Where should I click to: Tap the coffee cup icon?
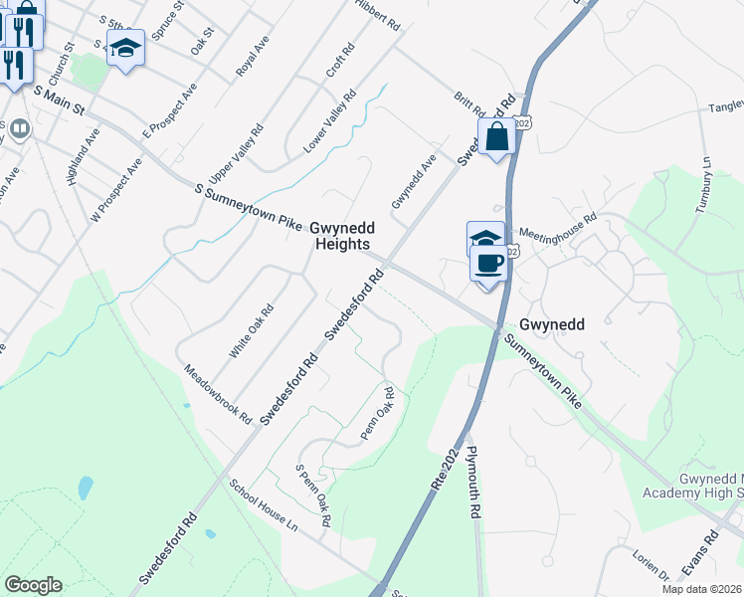click(x=488, y=264)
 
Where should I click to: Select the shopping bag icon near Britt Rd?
click(x=497, y=137)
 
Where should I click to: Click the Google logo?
click(x=33, y=585)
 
